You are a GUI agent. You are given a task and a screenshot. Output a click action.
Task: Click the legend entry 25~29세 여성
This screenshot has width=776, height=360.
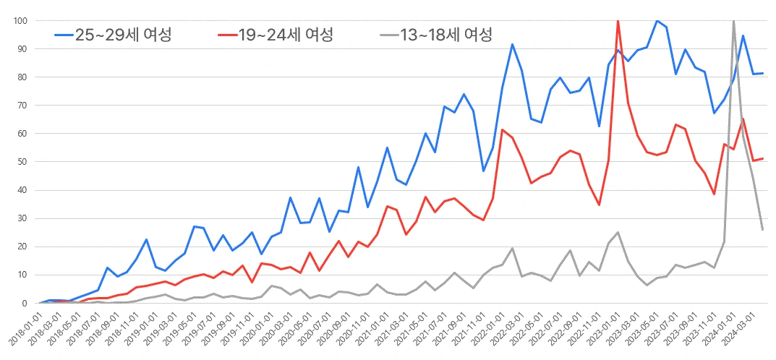(x=123, y=34)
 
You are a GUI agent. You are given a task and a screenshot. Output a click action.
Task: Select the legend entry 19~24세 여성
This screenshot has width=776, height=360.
(x=285, y=34)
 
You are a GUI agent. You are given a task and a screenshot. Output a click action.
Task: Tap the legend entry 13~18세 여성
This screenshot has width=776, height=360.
(x=445, y=34)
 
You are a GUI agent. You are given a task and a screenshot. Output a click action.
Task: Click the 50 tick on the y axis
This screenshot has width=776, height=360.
(x=22, y=162)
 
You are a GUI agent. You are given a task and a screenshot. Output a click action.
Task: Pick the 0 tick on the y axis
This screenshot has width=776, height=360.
(x=24, y=303)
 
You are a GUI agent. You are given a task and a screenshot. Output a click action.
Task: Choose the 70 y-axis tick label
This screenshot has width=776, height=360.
(x=22, y=106)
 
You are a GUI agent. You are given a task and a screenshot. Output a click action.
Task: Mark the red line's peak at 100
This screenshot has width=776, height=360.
(x=618, y=21)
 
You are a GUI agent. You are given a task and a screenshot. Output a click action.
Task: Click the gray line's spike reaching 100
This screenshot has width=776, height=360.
(x=734, y=21)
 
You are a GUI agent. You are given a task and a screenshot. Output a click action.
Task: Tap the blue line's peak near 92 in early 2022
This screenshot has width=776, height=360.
(x=512, y=44)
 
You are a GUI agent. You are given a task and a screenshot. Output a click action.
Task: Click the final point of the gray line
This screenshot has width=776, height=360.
(x=763, y=229)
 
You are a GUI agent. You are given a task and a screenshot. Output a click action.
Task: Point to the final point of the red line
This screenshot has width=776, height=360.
(x=763, y=158)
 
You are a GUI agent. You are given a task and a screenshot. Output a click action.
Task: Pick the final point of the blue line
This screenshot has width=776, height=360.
(x=763, y=73)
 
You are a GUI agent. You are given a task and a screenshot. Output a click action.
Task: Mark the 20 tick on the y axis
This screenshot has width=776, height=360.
(x=22, y=247)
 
